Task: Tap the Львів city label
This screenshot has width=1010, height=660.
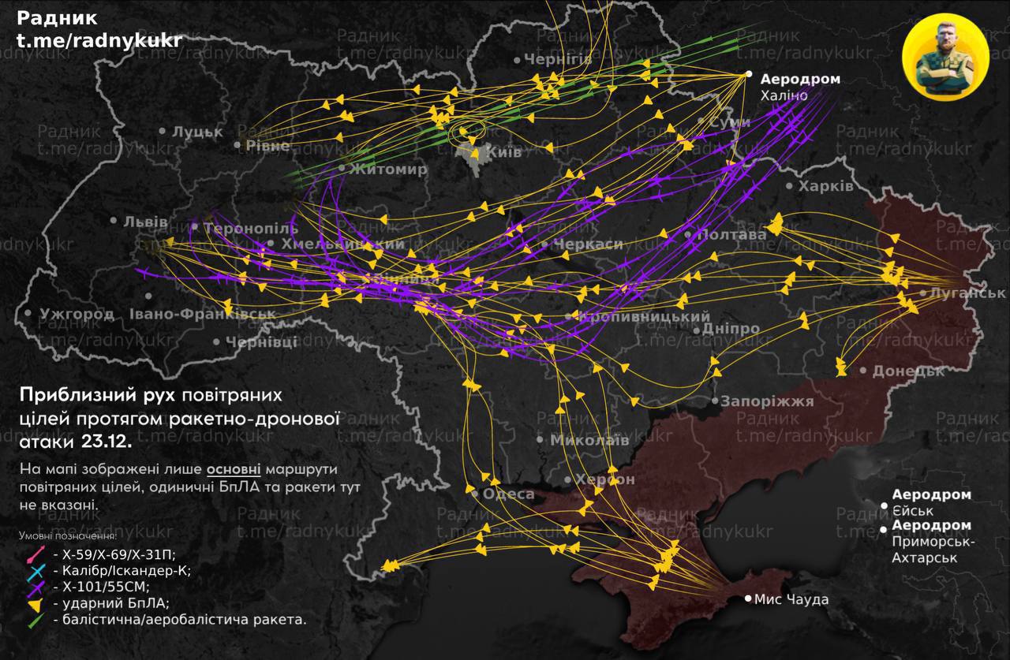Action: (x=145, y=222)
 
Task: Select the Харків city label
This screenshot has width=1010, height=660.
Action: (x=825, y=187)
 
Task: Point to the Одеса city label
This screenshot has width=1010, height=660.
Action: (x=507, y=494)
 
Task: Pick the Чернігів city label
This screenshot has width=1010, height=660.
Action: (x=558, y=60)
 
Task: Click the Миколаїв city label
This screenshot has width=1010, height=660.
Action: (x=589, y=440)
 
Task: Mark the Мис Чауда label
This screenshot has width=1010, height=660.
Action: (x=791, y=600)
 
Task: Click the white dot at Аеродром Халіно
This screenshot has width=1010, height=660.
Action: (x=750, y=74)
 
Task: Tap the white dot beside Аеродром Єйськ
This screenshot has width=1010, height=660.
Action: (x=884, y=505)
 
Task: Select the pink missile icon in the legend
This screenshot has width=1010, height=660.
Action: (x=36, y=554)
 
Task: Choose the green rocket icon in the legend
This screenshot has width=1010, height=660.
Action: (x=36, y=621)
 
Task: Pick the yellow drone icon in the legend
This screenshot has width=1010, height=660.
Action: (x=37, y=604)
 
